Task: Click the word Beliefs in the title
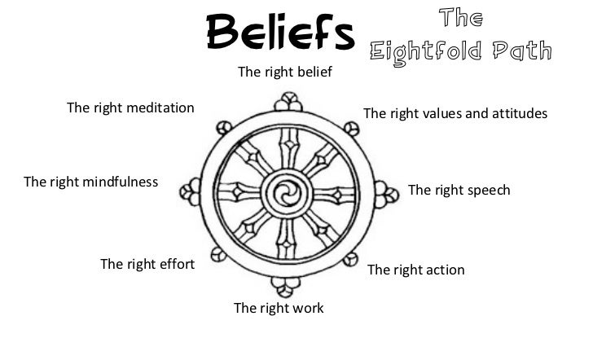click(x=280, y=32)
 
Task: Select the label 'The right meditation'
click(x=130, y=108)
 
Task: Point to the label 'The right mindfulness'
click(x=91, y=182)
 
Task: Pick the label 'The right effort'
click(x=147, y=263)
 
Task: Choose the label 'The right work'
click(x=279, y=308)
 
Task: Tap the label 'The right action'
click(x=416, y=270)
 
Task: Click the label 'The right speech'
click(x=459, y=190)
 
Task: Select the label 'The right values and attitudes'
click(x=455, y=112)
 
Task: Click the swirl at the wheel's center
click(x=286, y=193)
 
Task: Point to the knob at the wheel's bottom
click(x=284, y=286)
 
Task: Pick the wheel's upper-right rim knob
click(x=351, y=128)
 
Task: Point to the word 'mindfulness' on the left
click(x=121, y=182)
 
